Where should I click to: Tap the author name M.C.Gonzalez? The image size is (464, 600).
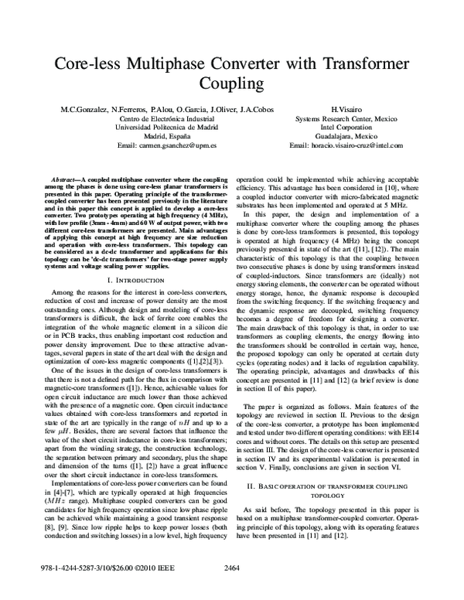click(83, 111)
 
